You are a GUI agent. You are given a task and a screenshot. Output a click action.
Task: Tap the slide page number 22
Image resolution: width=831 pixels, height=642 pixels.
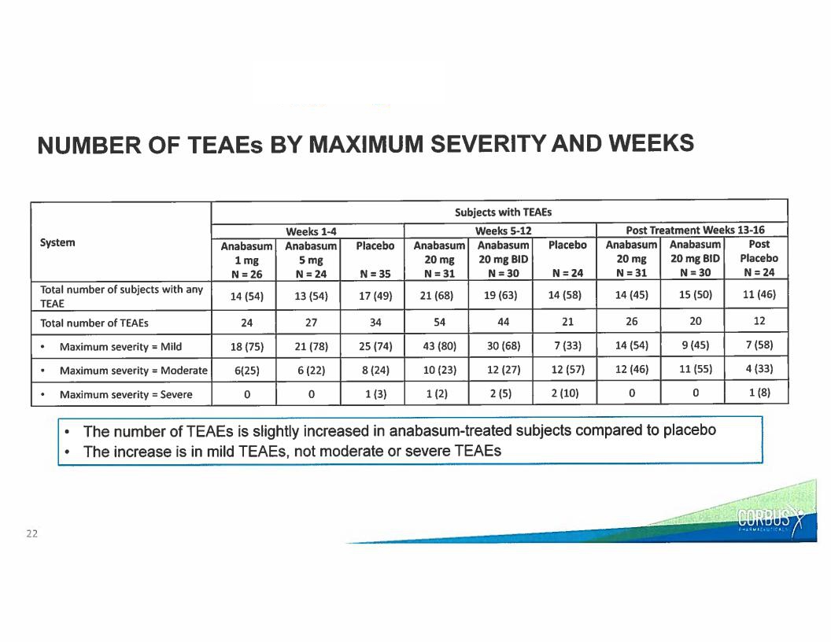(x=31, y=533)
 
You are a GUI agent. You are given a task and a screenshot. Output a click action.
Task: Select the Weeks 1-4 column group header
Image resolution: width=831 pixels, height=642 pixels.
(x=311, y=231)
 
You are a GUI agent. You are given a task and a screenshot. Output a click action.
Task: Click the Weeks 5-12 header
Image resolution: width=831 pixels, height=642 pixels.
(x=503, y=231)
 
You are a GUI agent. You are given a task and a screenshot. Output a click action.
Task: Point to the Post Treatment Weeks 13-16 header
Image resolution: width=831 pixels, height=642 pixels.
(x=695, y=230)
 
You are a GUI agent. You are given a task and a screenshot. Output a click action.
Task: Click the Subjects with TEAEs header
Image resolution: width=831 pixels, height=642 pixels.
(x=503, y=212)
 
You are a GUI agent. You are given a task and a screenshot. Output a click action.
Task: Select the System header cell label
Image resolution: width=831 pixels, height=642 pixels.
(x=57, y=242)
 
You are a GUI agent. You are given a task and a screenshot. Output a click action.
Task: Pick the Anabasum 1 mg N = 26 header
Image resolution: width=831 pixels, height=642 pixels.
(x=246, y=260)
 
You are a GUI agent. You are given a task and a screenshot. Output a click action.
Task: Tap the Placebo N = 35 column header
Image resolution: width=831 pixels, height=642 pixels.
(x=375, y=260)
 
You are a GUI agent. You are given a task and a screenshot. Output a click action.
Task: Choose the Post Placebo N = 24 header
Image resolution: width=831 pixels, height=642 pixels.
(x=759, y=259)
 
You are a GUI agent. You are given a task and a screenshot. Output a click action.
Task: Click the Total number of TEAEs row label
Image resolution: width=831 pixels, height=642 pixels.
(x=94, y=323)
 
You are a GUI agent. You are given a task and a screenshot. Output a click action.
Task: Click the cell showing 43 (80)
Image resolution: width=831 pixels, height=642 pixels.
(x=439, y=346)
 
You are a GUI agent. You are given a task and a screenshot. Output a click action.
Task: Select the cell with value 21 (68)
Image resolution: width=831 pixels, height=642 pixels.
(x=437, y=296)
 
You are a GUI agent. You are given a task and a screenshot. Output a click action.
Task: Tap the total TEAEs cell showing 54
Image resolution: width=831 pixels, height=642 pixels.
(x=439, y=322)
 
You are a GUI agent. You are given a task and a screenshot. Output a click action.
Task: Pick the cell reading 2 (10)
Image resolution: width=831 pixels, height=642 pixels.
(x=565, y=393)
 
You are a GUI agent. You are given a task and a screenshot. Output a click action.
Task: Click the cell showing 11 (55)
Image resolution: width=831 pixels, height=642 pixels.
(x=696, y=369)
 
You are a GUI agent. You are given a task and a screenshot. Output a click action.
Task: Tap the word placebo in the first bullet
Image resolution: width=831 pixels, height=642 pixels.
(x=689, y=430)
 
